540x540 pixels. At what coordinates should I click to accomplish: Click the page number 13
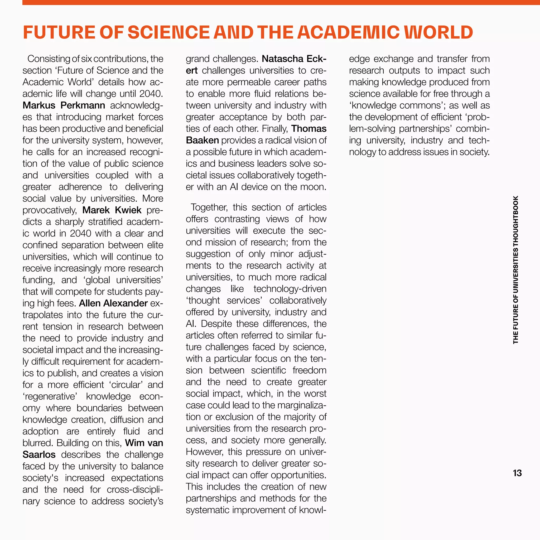click(x=517, y=473)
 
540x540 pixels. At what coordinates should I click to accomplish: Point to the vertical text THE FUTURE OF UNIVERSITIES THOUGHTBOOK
click(x=516, y=270)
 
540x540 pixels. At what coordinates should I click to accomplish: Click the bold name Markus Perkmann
click(x=64, y=105)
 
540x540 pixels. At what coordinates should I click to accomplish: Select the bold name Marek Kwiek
click(x=112, y=210)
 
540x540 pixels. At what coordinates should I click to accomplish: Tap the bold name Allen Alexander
click(x=113, y=303)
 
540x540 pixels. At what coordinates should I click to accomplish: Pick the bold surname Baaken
click(x=202, y=140)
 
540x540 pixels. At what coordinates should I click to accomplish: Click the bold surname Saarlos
click(x=39, y=455)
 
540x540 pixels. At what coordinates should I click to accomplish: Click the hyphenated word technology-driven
click(x=290, y=289)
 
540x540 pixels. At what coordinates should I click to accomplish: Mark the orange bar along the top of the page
click(x=279, y=2)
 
